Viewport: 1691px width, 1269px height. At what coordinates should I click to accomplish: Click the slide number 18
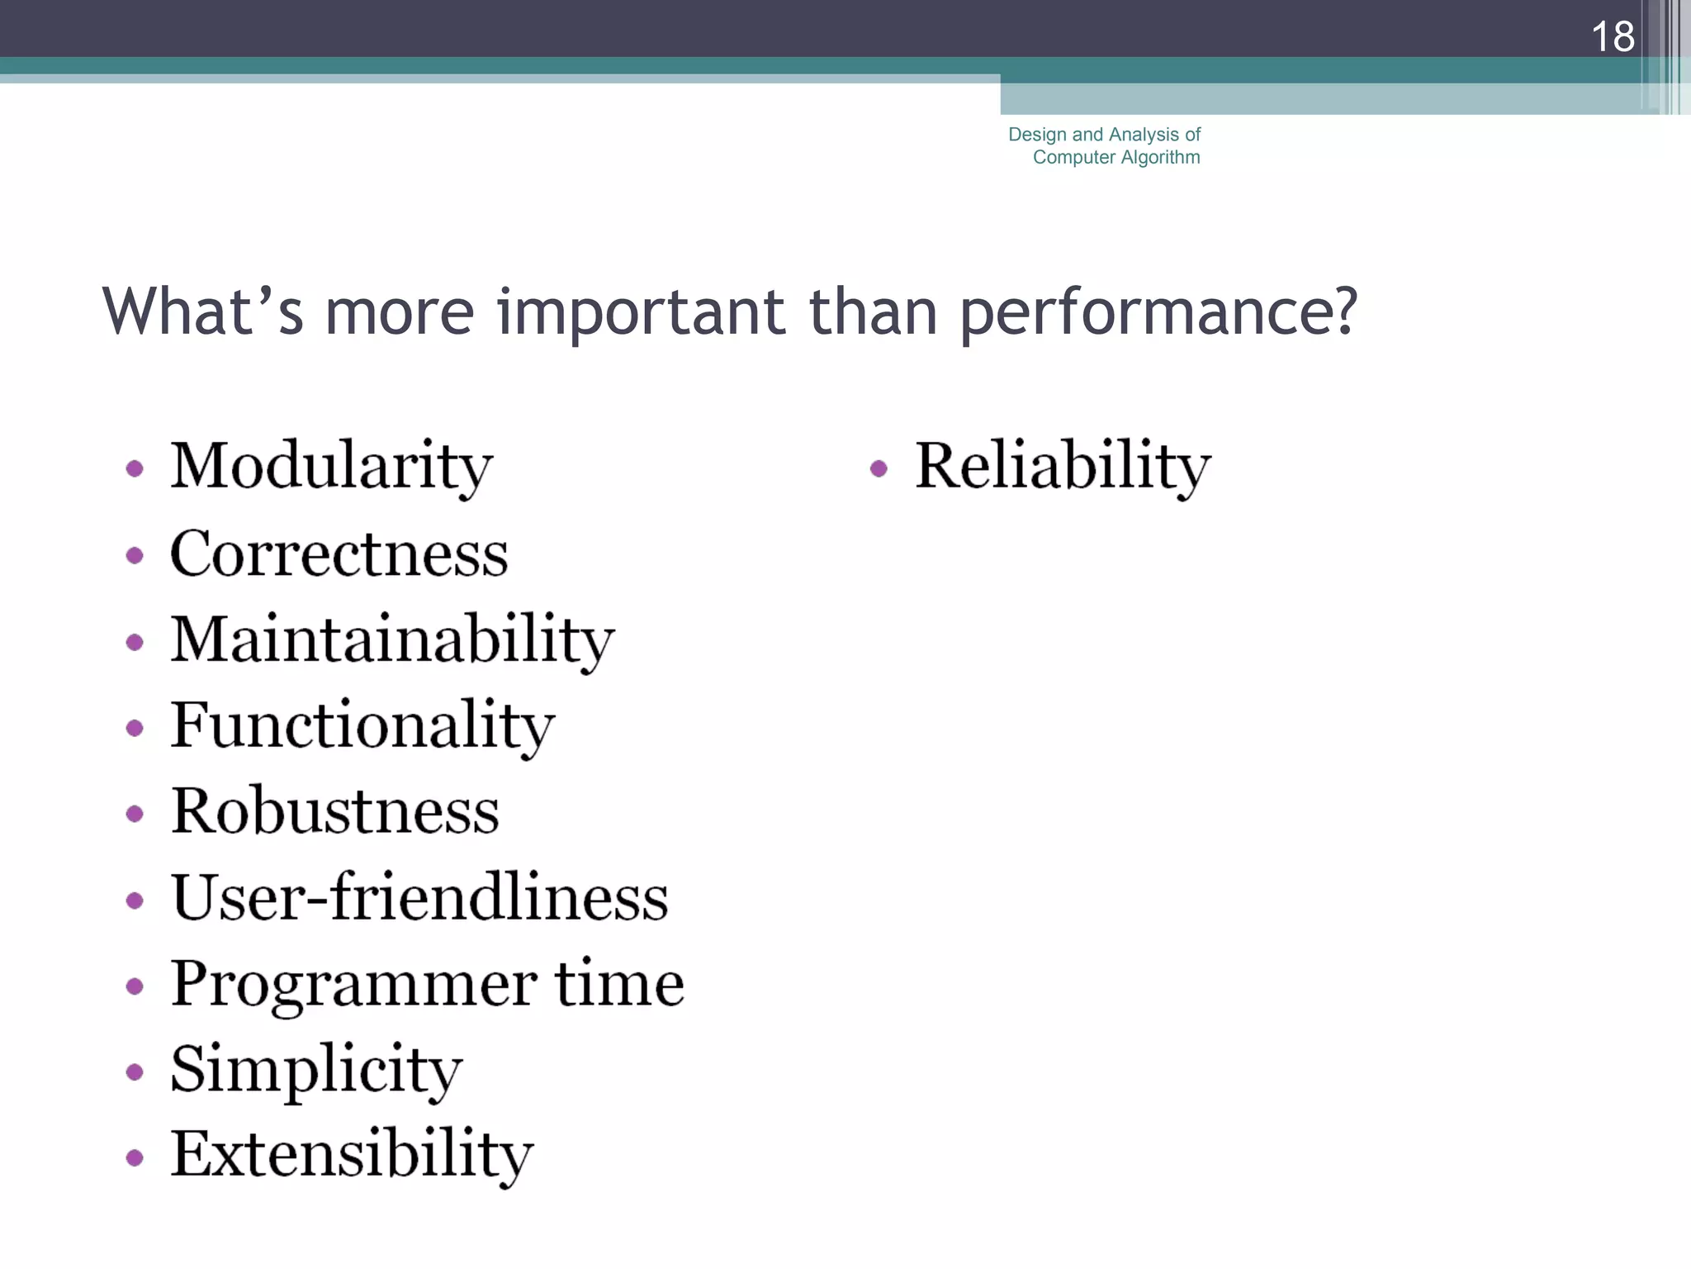click(x=1612, y=36)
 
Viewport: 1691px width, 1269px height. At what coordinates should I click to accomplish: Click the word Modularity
click(x=331, y=467)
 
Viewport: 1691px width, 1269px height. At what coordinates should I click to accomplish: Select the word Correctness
click(x=339, y=554)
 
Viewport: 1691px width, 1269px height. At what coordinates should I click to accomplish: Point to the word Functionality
click(x=362, y=725)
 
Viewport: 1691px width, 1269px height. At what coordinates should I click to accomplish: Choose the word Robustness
click(x=334, y=811)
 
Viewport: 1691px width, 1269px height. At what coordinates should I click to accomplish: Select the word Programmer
click(x=354, y=985)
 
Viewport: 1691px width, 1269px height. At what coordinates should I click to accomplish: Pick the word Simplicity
click(x=316, y=1070)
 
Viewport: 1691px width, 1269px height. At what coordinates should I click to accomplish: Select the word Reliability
click(x=1063, y=467)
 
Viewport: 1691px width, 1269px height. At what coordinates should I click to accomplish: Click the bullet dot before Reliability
click(x=879, y=469)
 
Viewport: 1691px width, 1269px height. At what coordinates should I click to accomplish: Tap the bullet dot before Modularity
click(x=135, y=469)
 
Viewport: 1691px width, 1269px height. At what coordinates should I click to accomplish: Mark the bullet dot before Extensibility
click(x=135, y=1157)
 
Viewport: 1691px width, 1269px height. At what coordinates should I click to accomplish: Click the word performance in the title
click(x=1158, y=313)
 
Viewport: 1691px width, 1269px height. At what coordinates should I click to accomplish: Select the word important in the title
click(x=641, y=313)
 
